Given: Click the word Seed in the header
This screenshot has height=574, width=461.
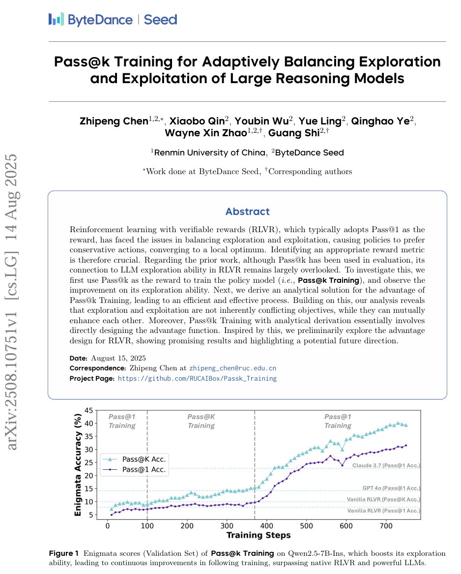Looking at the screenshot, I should point(161,20).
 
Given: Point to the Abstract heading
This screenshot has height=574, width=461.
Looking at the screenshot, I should point(247,211).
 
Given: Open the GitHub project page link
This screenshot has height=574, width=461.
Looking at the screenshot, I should point(197,378).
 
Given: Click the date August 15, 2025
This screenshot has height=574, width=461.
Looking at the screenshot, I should point(118,358).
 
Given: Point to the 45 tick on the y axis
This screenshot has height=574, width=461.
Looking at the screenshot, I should point(89,410).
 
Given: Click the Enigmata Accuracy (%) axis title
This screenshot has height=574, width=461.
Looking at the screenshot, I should point(78,462).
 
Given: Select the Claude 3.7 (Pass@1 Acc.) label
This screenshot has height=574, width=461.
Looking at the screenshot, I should point(386,465).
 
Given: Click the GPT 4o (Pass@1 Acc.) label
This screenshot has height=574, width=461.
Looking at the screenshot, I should point(391,488).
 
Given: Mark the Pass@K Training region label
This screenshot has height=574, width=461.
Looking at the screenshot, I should point(202,421).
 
